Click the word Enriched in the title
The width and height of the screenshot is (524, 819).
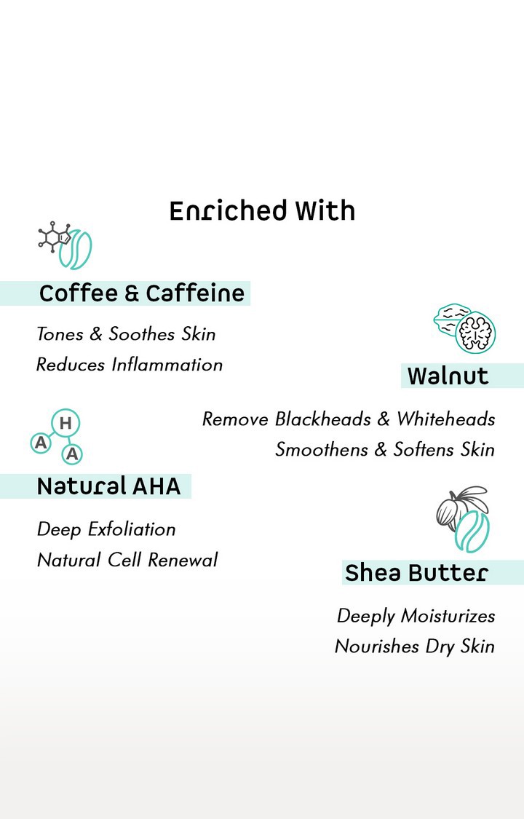click(228, 210)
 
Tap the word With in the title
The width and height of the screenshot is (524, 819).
click(325, 210)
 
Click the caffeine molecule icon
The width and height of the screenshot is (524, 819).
click(55, 238)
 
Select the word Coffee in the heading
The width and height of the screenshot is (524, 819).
click(79, 293)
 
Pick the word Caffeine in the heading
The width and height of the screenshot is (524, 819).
click(194, 293)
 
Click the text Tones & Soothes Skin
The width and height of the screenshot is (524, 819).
click(126, 333)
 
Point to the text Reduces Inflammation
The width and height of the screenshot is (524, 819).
click(130, 365)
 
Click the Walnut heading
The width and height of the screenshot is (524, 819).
click(448, 376)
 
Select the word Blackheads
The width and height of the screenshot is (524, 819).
click(323, 419)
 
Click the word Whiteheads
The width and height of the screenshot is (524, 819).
click(445, 419)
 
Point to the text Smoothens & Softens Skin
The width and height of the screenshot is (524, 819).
click(385, 450)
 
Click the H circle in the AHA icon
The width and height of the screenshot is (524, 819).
click(65, 423)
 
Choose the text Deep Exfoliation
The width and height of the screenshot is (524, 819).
click(106, 529)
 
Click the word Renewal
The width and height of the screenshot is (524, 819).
click(183, 560)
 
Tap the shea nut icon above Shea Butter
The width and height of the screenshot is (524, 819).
click(463, 519)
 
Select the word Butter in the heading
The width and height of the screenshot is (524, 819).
click(448, 573)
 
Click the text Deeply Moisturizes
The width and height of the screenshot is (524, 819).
click(416, 617)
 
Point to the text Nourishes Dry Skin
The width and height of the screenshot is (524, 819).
click(415, 646)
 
